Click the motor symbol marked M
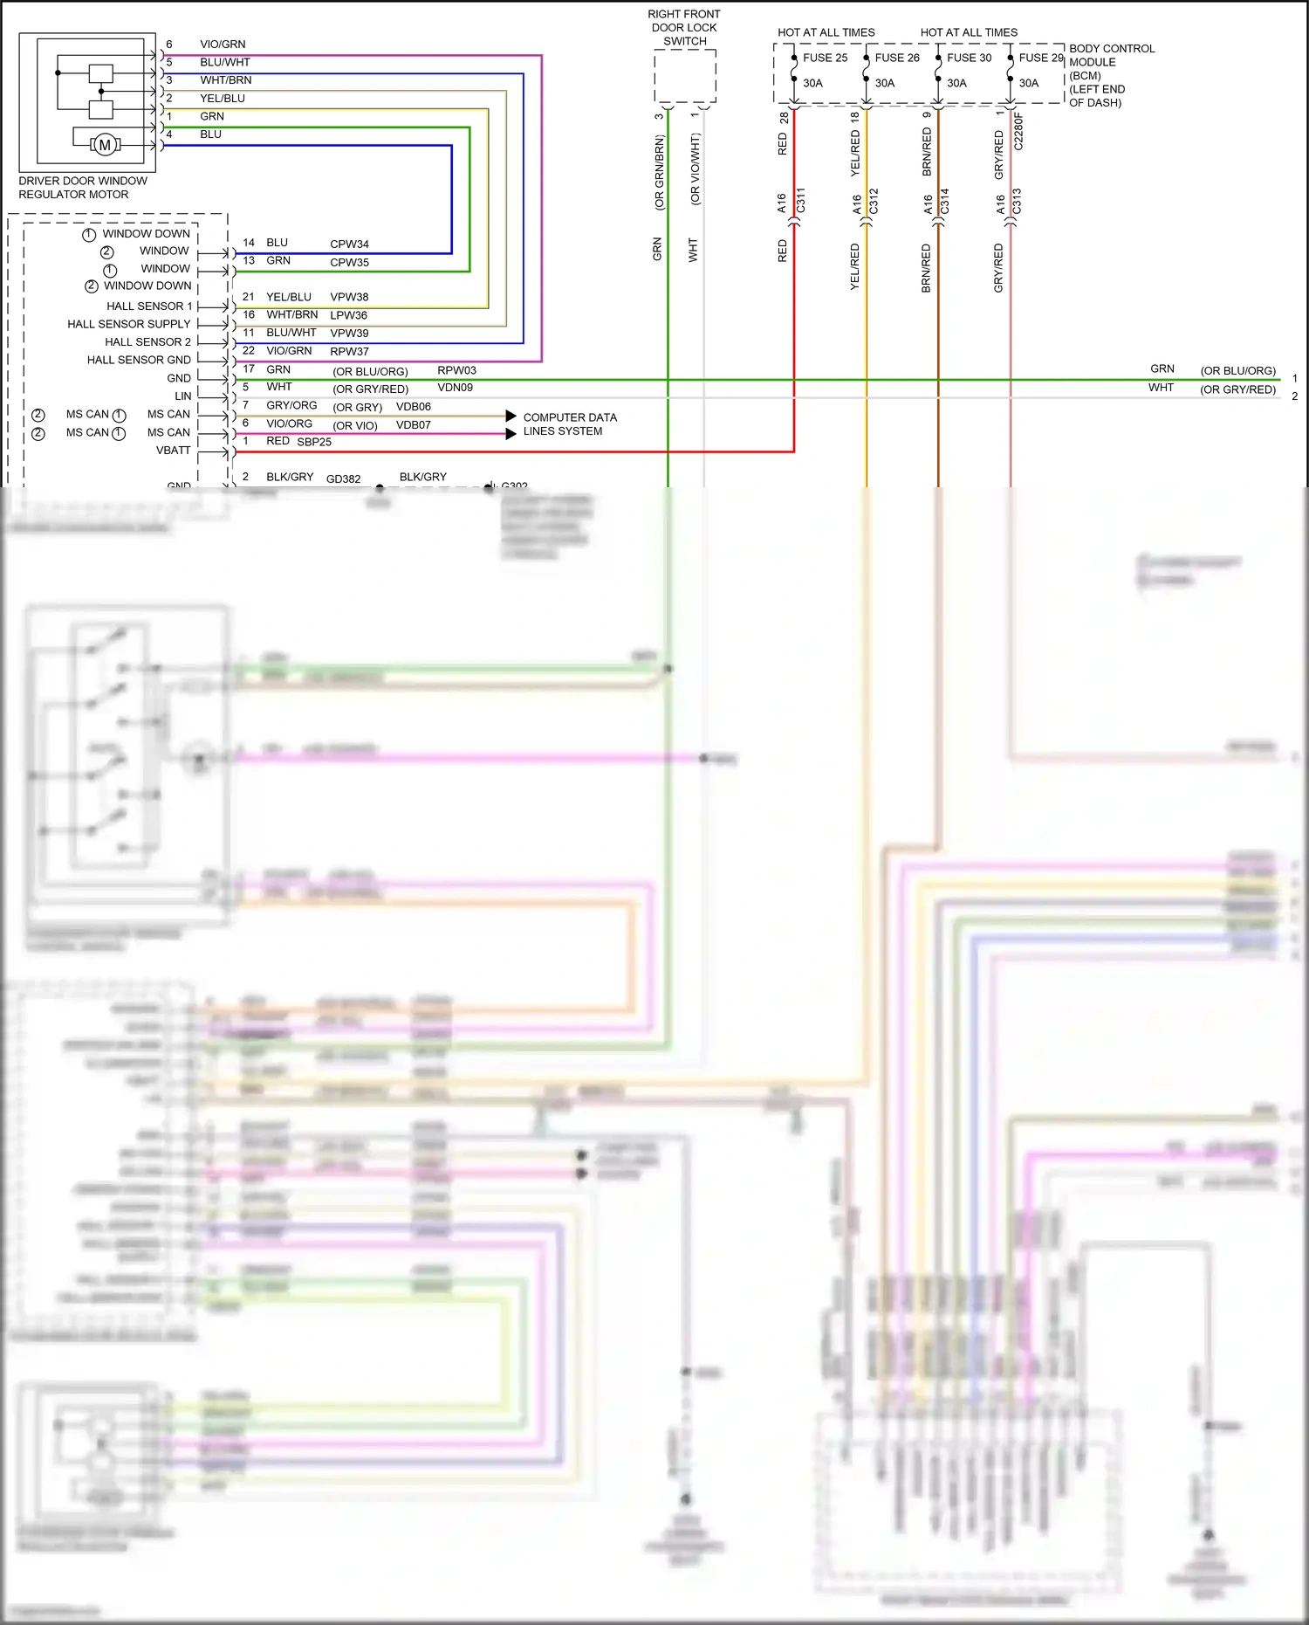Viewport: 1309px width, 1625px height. click(x=105, y=145)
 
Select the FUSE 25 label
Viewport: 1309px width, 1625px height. click(x=825, y=58)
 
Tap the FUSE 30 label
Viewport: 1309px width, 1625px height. click(x=969, y=58)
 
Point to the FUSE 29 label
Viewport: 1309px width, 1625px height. click(x=1041, y=58)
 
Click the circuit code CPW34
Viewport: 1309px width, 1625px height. click(x=349, y=244)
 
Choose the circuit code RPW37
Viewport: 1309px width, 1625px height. click(x=349, y=352)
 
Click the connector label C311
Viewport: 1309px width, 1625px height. click(x=800, y=201)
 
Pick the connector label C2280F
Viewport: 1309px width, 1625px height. click(x=1018, y=131)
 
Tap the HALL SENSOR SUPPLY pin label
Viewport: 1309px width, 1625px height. click(x=128, y=324)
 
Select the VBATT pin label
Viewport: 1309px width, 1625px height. click(x=173, y=451)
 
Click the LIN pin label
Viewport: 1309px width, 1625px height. click(x=182, y=396)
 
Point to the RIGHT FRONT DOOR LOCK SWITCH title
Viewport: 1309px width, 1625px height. click(x=684, y=28)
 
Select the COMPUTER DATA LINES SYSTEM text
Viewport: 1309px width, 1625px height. click(x=569, y=424)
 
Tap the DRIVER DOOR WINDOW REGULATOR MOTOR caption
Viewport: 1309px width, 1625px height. click(x=83, y=188)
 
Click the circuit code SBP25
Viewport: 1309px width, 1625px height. click(x=314, y=442)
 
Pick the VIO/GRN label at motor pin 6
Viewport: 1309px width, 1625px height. click(x=223, y=45)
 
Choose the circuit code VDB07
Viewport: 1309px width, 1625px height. click(x=413, y=425)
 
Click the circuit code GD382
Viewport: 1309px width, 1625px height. click(x=343, y=479)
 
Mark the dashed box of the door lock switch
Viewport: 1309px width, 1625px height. click(x=685, y=77)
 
